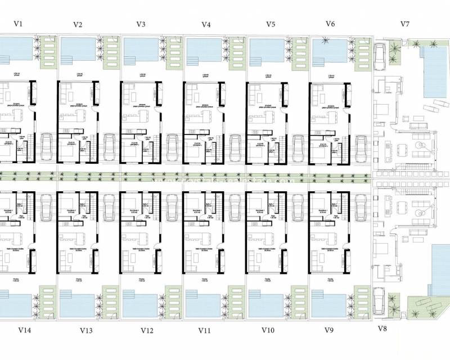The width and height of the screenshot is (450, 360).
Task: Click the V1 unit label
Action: (x=18, y=24)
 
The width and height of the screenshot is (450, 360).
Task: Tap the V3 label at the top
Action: (x=141, y=24)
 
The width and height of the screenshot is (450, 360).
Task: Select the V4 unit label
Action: (x=206, y=25)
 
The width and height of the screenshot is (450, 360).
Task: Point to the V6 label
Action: (x=330, y=24)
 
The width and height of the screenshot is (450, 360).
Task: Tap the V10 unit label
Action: (x=268, y=330)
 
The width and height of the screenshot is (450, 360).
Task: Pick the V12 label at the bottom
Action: (x=147, y=330)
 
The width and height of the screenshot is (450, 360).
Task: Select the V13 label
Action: (x=86, y=330)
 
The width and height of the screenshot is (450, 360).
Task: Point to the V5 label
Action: (x=271, y=24)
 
